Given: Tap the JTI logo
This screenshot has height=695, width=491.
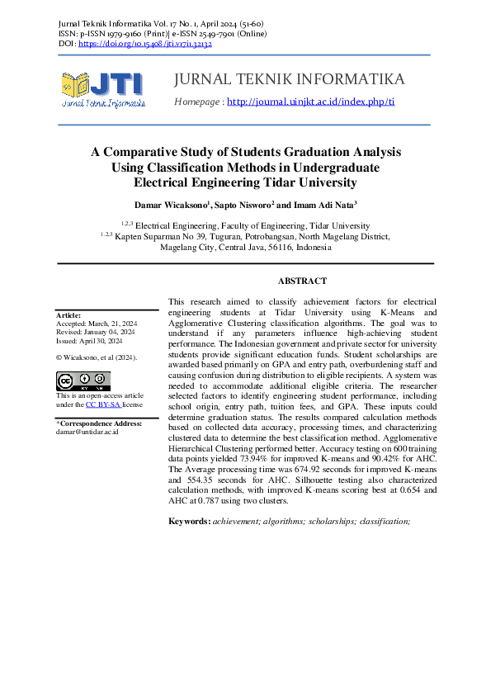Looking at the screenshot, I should pyautogui.click(x=102, y=89).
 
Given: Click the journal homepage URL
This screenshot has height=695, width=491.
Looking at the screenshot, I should pyautogui.click(x=310, y=102).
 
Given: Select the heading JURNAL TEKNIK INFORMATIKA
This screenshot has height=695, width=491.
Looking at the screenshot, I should pyautogui.click(x=289, y=79).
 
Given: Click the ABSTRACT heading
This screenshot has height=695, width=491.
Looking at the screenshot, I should pyautogui.click(x=302, y=281).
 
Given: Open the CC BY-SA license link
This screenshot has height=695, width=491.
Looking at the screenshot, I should pyautogui.click(x=104, y=405).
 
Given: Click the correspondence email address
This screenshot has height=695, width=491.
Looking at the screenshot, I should pyautogui.click(x=87, y=432).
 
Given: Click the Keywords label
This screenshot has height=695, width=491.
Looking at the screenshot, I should pyautogui.click(x=189, y=521).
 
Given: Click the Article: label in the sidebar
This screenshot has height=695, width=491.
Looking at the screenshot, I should pyautogui.click(x=68, y=315).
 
